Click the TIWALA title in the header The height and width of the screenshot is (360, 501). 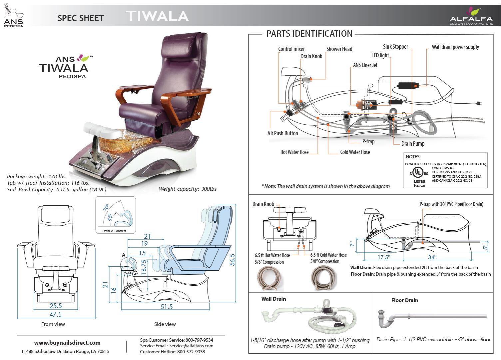[x=157, y=16]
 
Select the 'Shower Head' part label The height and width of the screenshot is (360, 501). [x=339, y=49]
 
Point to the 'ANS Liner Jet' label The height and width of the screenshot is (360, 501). [x=365, y=65]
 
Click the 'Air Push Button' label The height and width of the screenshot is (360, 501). [x=282, y=133]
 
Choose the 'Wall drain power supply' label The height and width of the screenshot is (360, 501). [x=455, y=47]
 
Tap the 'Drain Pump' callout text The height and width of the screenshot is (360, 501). [x=413, y=144]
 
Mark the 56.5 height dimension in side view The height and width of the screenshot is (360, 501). [x=232, y=260]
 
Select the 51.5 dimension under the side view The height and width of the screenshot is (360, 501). [x=167, y=307]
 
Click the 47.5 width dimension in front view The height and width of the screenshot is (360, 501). [x=56, y=314]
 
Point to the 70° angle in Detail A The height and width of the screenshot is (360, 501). [x=106, y=208]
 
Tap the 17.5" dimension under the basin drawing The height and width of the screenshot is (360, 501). [x=384, y=257]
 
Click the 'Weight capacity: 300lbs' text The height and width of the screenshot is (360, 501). [x=188, y=189]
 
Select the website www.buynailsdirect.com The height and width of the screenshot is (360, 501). [x=67, y=343]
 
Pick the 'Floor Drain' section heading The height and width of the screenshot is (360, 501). [x=404, y=300]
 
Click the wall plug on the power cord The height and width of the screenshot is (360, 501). [x=480, y=103]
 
